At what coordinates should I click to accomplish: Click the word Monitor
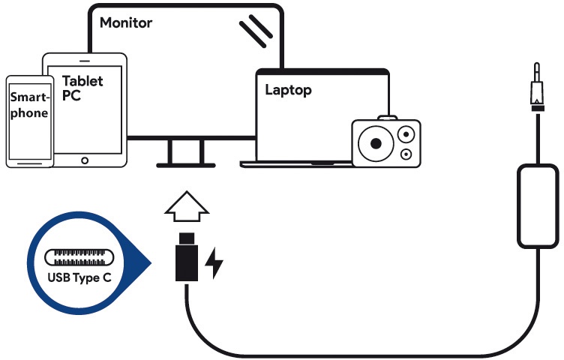(126, 22)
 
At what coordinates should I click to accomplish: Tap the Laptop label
(288, 91)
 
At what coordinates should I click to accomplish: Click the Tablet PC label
(82, 88)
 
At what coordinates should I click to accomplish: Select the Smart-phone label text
(28, 106)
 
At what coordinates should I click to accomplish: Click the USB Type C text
(82, 275)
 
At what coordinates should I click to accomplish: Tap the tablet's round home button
(83, 159)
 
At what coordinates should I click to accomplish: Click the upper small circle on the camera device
(406, 135)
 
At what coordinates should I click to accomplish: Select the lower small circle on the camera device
(406, 154)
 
